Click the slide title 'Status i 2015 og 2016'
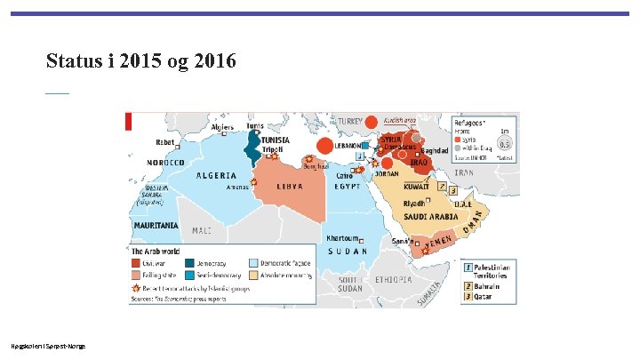tap(141, 61)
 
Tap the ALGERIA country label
tap(217, 176)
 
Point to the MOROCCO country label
tap(165, 164)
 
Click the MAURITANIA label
tap(156, 226)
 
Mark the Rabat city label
tap(165, 141)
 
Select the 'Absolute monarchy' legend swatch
tap(253, 276)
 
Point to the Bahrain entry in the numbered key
tap(468, 287)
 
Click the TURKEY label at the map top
tap(348, 121)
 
